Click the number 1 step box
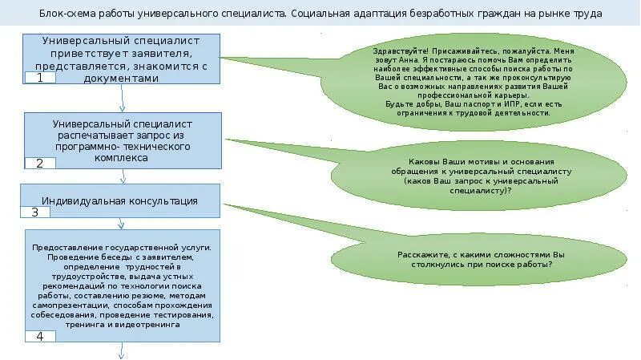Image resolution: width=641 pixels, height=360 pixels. [39, 78]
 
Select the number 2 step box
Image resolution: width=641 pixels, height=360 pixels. [39, 164]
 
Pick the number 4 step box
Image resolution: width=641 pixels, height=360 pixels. [40, 336]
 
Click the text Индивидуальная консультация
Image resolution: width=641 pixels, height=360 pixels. [120, 200]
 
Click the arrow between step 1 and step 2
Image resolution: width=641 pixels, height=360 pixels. [122, 98]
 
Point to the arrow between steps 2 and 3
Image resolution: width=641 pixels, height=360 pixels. [122, 178]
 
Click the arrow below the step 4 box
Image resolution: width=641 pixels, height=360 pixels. [122, 351]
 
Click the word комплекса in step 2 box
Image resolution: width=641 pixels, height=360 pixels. [122, 159]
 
